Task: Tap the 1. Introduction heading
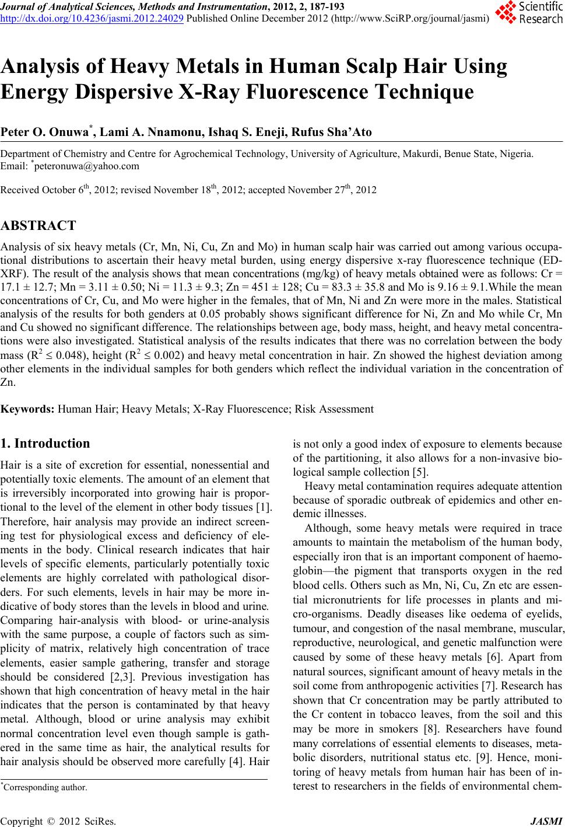pos(45,444)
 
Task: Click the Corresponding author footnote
pos(45,787)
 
